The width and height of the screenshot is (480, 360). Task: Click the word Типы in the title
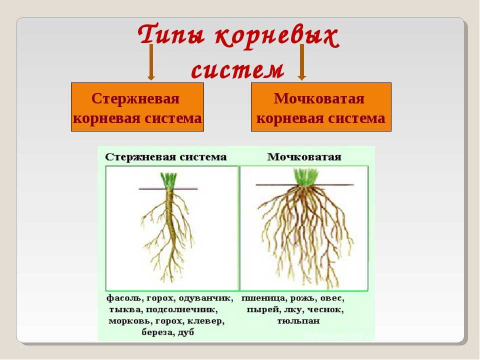click(x=171, y=34)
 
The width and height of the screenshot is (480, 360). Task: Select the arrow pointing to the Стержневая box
click(x=150, y=62)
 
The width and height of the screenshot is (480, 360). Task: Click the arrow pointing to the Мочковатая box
click(x=302, y=62)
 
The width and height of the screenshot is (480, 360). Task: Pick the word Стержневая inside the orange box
click(x=135, y=98)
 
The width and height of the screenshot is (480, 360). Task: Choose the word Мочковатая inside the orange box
click(x=319, y=98)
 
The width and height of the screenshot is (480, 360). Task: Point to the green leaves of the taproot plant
click(x=168, y=180)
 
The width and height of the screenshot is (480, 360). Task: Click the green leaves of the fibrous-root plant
click(x=305, y=176)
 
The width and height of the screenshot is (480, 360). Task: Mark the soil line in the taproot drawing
click(x=168, y=189)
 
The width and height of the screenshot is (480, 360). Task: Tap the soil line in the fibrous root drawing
click(x=304, y=185)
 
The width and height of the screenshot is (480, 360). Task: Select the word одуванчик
click(x=206, y=298)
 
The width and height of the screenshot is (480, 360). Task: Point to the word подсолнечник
click(x=181, y=310)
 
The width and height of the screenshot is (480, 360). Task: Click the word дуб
click(x=185, y=332)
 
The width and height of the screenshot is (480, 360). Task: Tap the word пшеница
click(x=264, y=298)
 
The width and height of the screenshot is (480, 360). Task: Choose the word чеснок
click(x=325, y=310)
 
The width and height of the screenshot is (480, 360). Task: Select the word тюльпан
click(x=298, y=321)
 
